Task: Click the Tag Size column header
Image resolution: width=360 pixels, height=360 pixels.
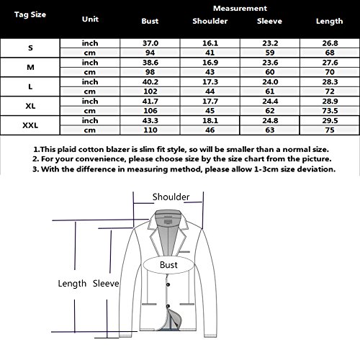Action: pos(30,14)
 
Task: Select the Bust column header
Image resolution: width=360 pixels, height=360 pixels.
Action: pos(150,21)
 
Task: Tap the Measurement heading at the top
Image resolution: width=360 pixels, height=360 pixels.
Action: pos(240,9)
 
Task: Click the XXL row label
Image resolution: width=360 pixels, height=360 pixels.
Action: pos(30,125)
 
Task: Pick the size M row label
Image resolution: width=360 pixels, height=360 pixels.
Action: pos(30,67)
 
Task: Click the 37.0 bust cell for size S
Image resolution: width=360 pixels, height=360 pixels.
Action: pos(150,43)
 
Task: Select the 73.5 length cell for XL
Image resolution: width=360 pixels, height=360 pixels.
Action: pos(330,111)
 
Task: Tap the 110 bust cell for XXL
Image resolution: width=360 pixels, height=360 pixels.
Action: pos(150,130)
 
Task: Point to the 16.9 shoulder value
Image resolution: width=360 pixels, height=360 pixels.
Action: pos(210,63)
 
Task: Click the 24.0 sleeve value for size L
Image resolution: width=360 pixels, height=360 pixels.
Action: pos(270,82)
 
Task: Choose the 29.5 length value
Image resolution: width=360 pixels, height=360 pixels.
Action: pos(330,120)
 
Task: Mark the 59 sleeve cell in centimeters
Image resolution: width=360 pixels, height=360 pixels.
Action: pos(270,53)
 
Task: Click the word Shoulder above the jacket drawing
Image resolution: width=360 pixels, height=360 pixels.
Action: pos(171,197)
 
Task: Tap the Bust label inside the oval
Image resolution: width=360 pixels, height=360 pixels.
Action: pos(168,265)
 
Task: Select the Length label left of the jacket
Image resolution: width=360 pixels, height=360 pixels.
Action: pos(72,284)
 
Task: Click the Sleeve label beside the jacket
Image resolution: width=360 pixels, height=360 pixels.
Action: pos(106,284)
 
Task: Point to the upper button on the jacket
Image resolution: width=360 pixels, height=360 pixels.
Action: pos(168,284)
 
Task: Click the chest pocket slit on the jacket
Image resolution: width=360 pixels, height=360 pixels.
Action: pos(184,252)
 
